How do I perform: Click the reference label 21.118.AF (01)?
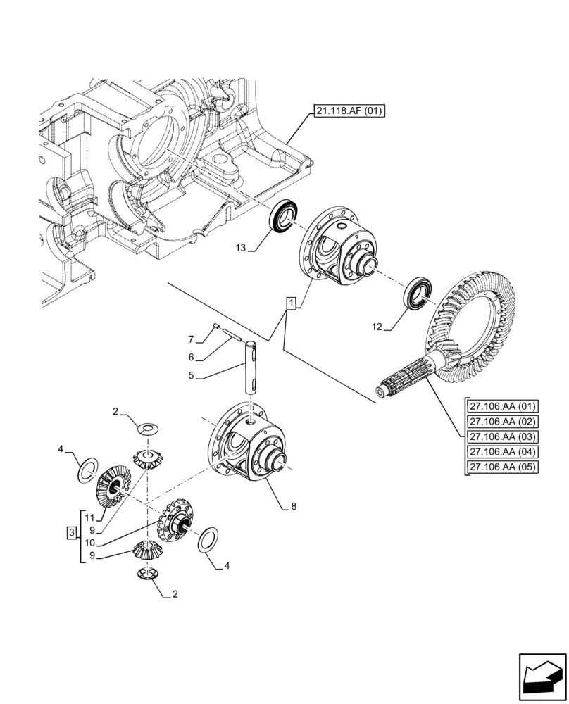[346, 111]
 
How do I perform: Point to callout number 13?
[242, 249]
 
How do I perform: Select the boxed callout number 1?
[292, 303]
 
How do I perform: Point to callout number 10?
[90, 543]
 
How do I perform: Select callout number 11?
[90, 517]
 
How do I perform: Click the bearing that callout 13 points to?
[286, 215]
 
